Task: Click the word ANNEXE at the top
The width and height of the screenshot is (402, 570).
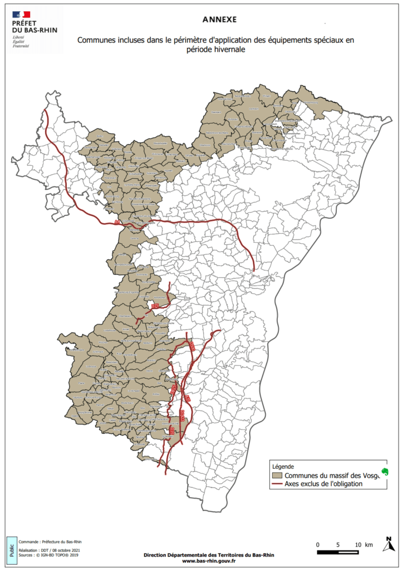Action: click(219, 19)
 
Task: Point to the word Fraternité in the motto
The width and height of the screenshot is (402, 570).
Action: click(21, 45)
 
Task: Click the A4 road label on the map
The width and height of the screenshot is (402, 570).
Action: click(117, 222)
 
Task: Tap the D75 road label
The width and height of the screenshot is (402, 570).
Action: click(155, 307)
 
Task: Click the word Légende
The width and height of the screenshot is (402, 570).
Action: click(282, 466)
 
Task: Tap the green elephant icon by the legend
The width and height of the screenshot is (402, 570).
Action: click(384, 473)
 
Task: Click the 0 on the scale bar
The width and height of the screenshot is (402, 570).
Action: click(317, 544)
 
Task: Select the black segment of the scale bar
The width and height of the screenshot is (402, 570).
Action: click(328, 552)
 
